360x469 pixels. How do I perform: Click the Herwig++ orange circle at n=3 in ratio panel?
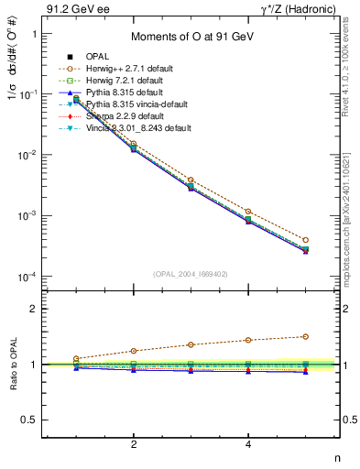[x=191, y=344]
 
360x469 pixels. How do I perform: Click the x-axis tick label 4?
[x=248, y=444]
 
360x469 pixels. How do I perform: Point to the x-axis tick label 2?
[x=134, y=444]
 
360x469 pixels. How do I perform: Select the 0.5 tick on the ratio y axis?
[x=37, y=420]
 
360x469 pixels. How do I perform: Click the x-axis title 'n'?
[x=336, y=459]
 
